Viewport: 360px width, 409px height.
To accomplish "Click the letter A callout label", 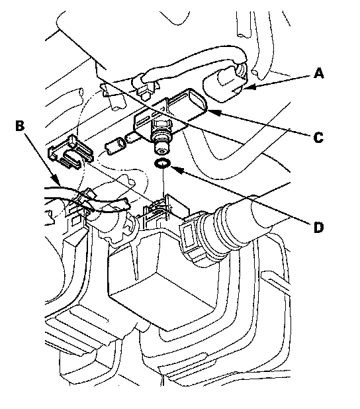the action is click(x=319, y=73).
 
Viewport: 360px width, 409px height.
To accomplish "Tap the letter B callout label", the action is click(x=20, y=126).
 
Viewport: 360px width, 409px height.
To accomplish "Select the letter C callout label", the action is click(x=318, y=138).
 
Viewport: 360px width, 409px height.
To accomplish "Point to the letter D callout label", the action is click(x=318, y=227).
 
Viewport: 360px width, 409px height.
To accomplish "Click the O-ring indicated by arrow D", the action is click(x=163, y=163).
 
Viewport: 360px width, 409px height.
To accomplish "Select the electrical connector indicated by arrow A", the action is click(x=224, y=84).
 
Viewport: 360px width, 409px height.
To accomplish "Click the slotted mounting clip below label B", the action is click(x=70, y=152).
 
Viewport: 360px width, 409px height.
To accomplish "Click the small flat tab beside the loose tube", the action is click(x=131, y=138).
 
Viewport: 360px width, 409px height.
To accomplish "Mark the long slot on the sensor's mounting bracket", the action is click(x=143, y=122).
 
